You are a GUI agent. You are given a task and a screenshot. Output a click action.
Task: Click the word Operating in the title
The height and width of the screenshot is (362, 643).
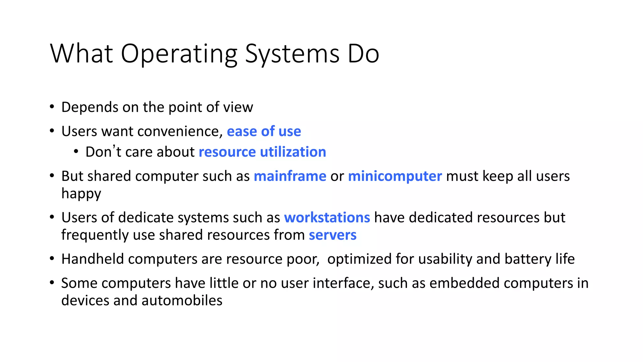tap(179, 54)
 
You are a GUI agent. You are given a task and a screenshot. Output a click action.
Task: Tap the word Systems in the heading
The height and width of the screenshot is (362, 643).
tap(292, 54)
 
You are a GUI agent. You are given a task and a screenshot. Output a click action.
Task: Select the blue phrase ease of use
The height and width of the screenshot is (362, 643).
tap(264, 131)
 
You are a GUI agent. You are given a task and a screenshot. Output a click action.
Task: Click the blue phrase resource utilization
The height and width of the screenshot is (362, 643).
tap(262, 152)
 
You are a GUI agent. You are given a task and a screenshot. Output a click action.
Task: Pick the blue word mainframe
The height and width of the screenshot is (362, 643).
tap(290, 176)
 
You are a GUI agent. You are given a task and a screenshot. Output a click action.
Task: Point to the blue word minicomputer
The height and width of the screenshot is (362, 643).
tap(395, 176)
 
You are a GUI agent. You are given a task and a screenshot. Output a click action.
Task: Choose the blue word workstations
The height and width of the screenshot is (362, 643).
tap(327, 217)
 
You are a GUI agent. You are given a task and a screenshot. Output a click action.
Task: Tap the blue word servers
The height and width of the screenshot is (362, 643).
tap(332, 235)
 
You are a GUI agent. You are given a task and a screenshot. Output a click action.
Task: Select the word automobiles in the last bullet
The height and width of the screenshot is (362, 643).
tap(182, 300)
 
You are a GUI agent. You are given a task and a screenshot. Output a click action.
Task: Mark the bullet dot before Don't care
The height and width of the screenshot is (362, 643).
tap(76, 152)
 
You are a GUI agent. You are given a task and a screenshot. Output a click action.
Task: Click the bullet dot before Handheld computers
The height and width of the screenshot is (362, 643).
tap(52, 259)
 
